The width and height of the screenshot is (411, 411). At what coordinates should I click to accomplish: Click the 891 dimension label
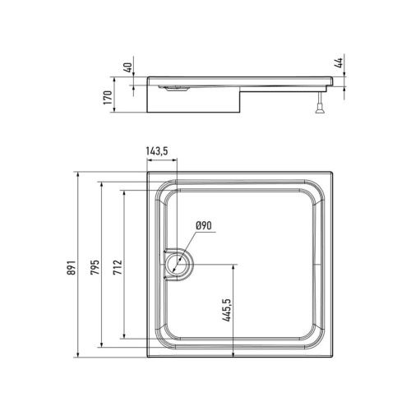click(x=71, y=267)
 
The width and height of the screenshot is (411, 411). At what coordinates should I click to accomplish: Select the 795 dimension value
click(x=95, y=267)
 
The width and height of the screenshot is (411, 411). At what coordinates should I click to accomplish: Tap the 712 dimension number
click(x=118, y=267)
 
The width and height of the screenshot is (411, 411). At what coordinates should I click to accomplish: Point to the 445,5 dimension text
click(x=227, y=310)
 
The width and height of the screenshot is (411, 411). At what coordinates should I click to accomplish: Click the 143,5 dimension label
click(x=157, y=151)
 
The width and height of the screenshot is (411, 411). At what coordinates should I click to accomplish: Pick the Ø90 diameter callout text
click(x=204, y=226)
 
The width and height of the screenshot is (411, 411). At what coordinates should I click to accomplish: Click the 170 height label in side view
click(x=108, y=97)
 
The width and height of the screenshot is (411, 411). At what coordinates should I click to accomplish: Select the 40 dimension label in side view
click(x=127, y=67)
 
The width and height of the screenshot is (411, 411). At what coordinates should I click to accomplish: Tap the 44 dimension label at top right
click(x=339, y=63)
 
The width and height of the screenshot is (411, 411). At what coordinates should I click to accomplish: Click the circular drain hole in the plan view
click(x=178, y=265)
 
